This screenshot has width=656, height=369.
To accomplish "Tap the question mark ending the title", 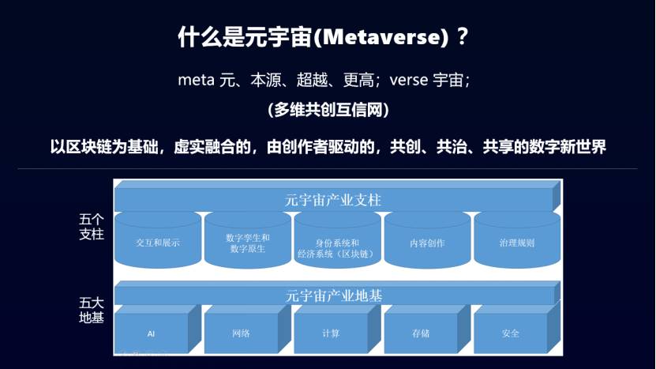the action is click(x=462, y=36).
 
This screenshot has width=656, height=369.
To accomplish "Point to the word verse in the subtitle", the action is click(x=409, y=80).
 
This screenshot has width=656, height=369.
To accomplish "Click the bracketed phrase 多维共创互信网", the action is click(x=328, y=110).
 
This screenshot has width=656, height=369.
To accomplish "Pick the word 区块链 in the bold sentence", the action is click(x=88, y=147).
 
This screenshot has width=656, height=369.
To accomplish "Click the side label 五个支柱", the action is click(x=92, y=227).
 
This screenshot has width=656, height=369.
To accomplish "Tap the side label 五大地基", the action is click(x=92, y=310).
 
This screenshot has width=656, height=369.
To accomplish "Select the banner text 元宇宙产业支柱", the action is click(x=333, y=200).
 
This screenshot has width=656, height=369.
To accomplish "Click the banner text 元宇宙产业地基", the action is click(x=334, y=296).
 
